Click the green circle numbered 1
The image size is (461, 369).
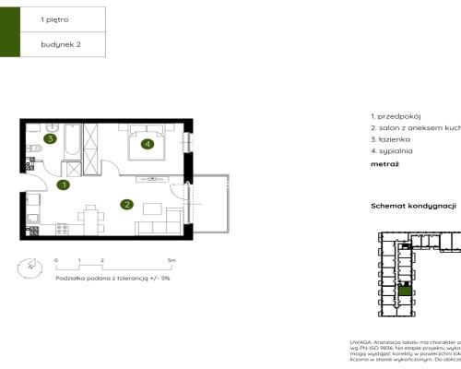(x=64, y=185)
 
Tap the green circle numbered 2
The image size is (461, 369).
(x=127, y=205)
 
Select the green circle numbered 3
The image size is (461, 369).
(x=49, y=139)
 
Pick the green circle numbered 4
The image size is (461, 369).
(x=147, y=143)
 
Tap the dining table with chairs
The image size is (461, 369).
(x=90, y=217)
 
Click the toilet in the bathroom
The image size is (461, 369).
(x=32, y=164)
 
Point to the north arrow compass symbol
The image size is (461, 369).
(x=32, y=267)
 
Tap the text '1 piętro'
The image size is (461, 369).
(x=54, y=18)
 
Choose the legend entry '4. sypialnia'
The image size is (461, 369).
(x=392, y=149)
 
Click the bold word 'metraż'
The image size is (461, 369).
(x=384, y=163)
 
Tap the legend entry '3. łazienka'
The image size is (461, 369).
(x=392, y=138)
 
